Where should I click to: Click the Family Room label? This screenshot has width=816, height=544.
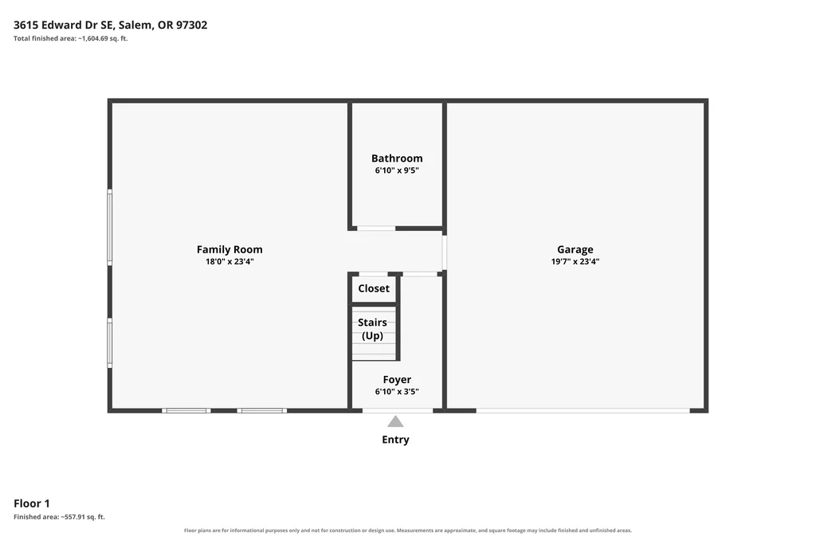click(x=229, y=249)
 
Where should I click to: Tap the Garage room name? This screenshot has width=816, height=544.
click(x=575, y=249)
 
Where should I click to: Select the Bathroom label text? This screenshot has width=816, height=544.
click(x=397, y=159)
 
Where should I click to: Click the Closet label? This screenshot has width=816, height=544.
click(x=374, y=288)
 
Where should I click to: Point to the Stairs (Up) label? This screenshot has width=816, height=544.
click(x=372, y=329)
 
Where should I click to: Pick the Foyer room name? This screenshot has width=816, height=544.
click(x=397, y=380)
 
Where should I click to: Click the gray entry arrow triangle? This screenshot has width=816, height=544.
click(x=395, y=421)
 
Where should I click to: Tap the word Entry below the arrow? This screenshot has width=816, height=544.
click(x=395, y=440)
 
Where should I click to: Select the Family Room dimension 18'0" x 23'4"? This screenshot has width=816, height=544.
click(x=229, y=261)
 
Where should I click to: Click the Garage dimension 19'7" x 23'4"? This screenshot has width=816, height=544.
click(x=575, y=261)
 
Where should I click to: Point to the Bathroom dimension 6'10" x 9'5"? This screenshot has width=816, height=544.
click(x=397, y=170)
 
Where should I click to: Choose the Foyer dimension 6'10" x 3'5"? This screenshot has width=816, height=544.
click(x=397, y=392)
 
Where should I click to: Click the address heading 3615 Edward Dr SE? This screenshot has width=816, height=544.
click(x=63, y=25)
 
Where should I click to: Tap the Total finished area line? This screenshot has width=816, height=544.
click(x=71, y=38)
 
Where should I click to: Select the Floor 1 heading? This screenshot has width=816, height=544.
click(x=32, y=503)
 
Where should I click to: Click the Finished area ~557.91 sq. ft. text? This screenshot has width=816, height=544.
click(x=59, y=517)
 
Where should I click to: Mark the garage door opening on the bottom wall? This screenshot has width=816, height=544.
click(x=583, y=411)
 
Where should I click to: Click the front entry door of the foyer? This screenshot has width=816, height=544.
click(x=398, y=411)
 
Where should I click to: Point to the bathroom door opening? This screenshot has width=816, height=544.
click(x=376, y=229)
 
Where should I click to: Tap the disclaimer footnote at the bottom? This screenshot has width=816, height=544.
click(x=408, y=530)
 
